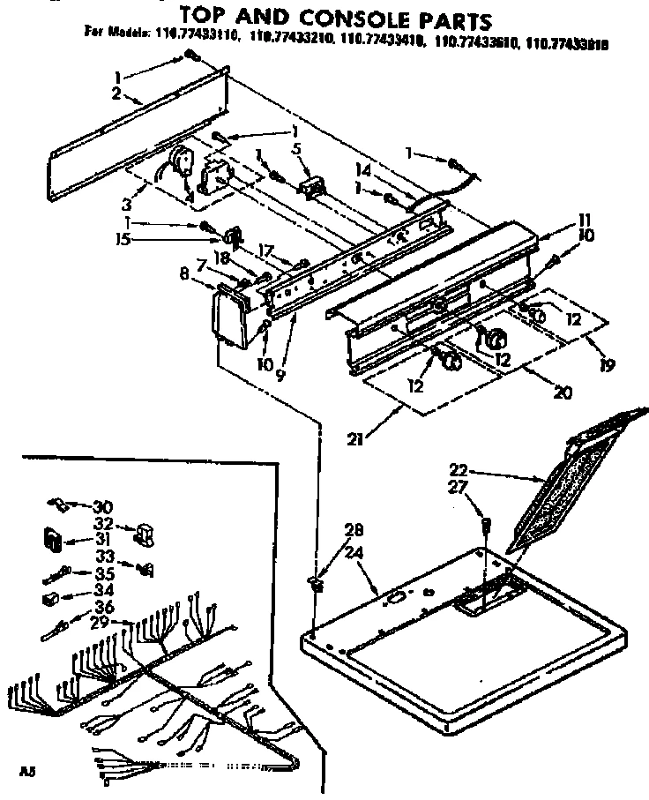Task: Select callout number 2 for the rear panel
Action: [116, 91]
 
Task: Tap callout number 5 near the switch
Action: [297, 148]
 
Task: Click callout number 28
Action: [354, 530]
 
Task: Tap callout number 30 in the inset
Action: [103, 506]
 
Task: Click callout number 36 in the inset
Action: [103, 607]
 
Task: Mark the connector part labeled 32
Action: [144, 535]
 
